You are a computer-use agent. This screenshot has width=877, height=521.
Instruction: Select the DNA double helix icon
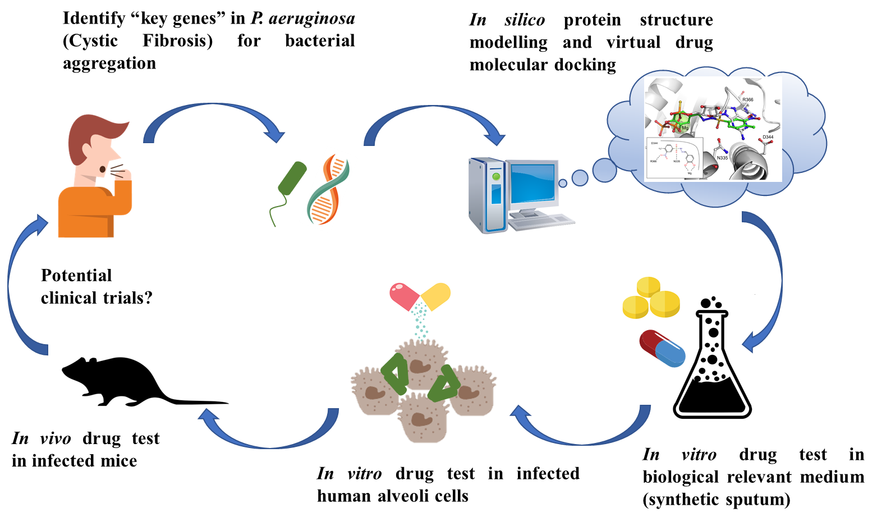(x=329, y=190)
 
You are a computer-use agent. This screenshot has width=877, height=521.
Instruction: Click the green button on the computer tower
(x=495, y=177)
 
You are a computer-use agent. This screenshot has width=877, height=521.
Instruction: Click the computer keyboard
(x=541, y=222)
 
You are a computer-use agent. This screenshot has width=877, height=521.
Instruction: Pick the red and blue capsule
(x=663, y=348)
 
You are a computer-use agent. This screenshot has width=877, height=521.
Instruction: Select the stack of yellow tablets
(x=651, y=298)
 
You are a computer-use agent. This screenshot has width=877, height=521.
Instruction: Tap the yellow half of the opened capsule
(x=437, y=296)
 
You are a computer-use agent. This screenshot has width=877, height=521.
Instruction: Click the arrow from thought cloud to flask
(x=774, y=269)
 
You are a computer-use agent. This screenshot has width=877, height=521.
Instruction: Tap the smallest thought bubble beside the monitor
(x=563, y=183)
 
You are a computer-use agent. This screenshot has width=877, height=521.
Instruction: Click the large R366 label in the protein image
(x=747, y=100)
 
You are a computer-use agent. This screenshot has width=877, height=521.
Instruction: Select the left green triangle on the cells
(x=395, y=373)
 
